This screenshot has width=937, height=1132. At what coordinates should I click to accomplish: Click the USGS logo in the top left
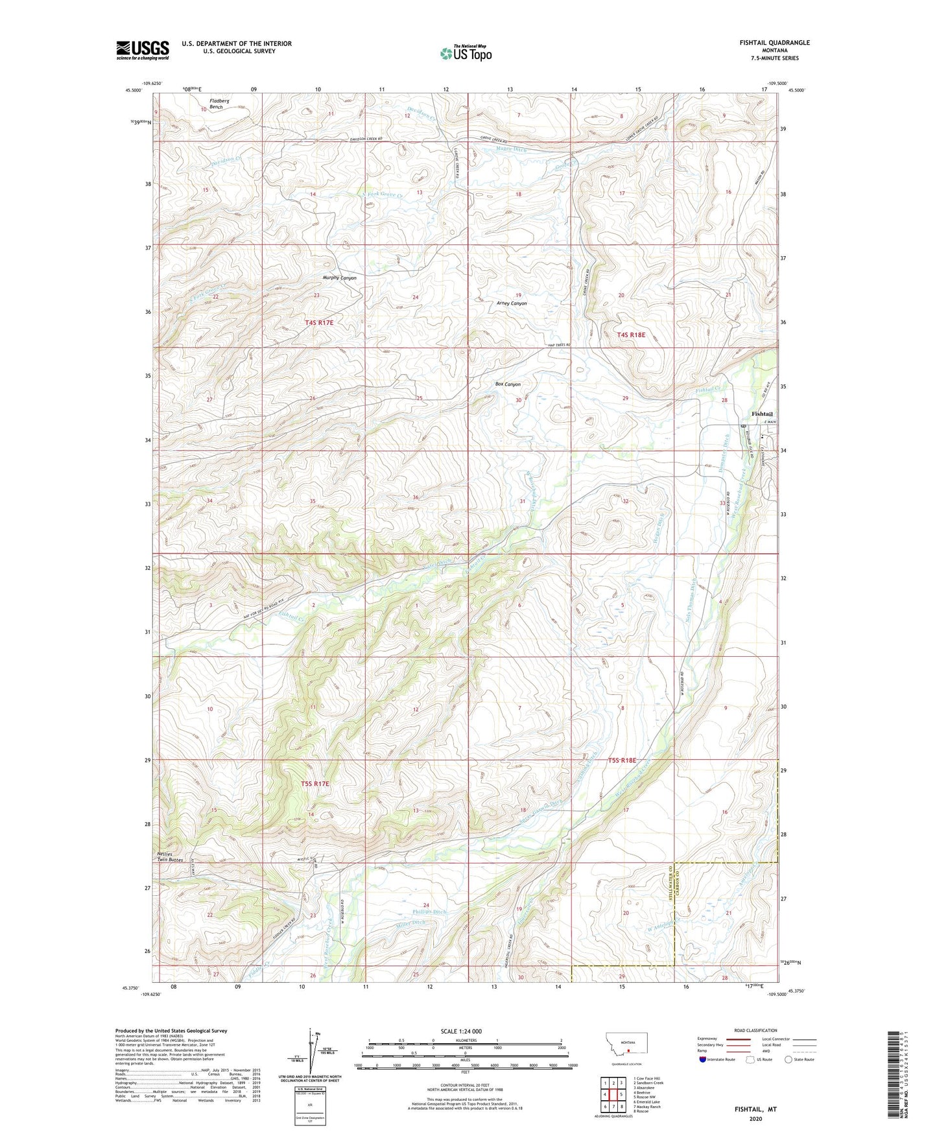143,50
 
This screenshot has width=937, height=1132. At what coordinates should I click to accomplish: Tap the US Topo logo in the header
466,53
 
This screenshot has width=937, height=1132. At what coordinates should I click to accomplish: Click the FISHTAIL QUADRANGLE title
774,43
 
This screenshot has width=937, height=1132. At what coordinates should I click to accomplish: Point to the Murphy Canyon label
340,278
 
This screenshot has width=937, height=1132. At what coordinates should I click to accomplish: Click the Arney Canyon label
512,303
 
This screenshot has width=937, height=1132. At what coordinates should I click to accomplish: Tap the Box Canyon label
508,384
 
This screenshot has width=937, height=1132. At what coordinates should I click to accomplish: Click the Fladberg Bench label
216,104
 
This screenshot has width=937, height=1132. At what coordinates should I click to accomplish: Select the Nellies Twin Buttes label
170,856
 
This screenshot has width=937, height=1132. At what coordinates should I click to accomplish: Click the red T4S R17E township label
323,322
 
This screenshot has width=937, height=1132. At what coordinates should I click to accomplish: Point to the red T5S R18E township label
622,761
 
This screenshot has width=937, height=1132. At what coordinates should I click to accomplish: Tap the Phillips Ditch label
431,912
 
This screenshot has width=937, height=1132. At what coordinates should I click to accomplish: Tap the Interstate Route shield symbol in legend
704,1059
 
